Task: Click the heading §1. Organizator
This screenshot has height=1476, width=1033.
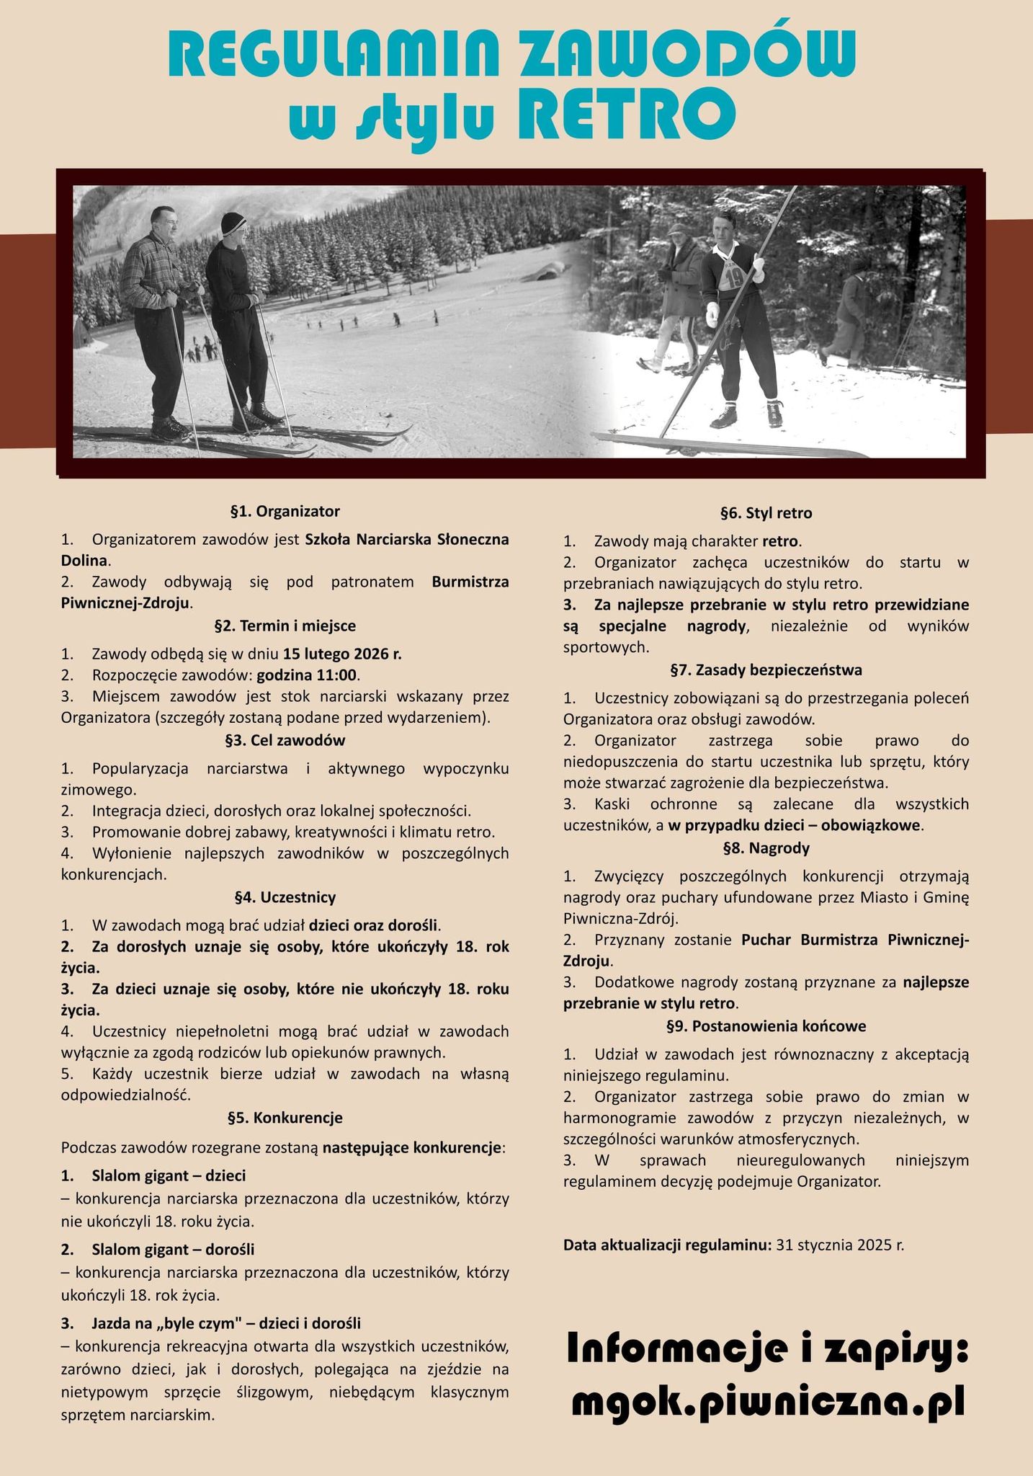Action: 285,512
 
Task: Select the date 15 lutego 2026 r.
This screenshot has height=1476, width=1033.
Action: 342,654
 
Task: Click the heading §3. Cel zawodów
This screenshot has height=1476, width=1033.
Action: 285,740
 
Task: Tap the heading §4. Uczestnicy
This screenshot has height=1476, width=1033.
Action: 285,897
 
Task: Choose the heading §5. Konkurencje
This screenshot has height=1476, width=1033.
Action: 285,1118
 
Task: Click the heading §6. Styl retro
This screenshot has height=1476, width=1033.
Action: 766,513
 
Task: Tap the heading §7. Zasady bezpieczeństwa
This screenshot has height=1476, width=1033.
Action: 766,670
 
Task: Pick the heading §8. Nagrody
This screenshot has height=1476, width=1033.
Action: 766,848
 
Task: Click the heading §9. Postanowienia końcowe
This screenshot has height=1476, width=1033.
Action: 766,1026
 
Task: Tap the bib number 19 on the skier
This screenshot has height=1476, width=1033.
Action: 733,275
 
